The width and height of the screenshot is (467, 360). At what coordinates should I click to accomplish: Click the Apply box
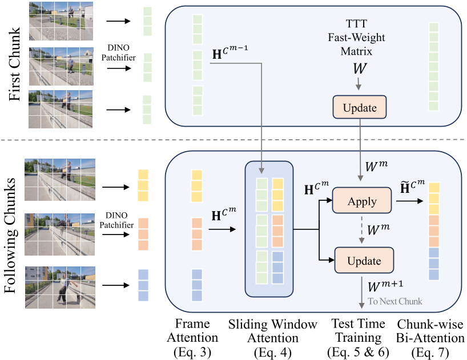coord(363,201)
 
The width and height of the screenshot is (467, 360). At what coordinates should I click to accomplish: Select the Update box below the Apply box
coord(364,261)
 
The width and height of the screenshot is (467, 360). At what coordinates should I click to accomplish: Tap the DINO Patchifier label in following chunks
coord(119,220)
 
